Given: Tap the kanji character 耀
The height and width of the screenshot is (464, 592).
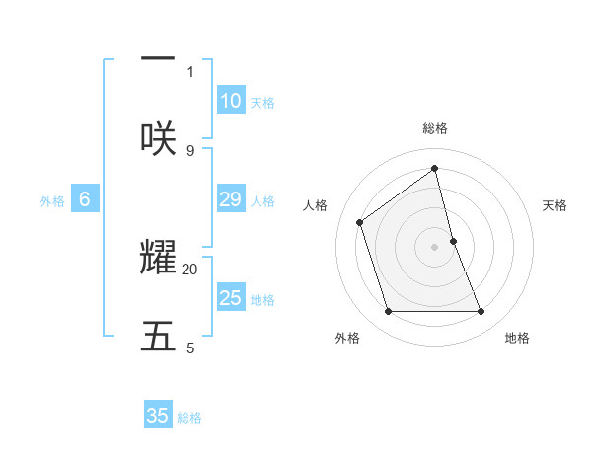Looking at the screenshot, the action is click(158, 257).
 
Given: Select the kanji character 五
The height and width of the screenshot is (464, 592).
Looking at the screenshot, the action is click(158, 336).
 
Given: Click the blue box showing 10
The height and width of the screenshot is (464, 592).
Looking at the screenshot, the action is click(230, 101).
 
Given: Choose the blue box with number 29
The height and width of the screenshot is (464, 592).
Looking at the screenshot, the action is click(230, 199).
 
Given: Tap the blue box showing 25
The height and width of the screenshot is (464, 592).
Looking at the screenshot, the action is click(230, 298).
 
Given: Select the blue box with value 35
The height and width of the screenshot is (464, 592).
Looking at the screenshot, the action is click(158, 416).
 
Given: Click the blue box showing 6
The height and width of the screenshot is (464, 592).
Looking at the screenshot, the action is click(85, 199).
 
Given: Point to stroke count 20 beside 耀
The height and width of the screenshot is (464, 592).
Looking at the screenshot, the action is click(190, 269).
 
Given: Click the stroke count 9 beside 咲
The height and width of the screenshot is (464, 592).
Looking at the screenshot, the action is click(190, 150).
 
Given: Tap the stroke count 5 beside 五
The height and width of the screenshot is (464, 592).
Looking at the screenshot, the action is click(190, 348).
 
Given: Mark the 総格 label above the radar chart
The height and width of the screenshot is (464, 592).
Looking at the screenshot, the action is click(435, 128).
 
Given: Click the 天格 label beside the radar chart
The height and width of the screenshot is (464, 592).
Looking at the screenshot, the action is click(555, 205).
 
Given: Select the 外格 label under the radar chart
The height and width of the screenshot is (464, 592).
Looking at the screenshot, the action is click(347, 338).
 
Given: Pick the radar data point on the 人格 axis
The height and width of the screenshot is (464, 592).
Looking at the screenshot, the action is click(360, 222).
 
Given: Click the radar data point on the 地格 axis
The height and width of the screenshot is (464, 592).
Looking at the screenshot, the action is click(481, 312).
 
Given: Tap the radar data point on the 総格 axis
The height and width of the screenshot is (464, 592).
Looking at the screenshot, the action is click(435, 169).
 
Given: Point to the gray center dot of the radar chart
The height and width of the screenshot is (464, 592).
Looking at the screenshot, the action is click(435, 246).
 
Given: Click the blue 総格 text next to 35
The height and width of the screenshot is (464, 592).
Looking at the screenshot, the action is click(189, 418).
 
